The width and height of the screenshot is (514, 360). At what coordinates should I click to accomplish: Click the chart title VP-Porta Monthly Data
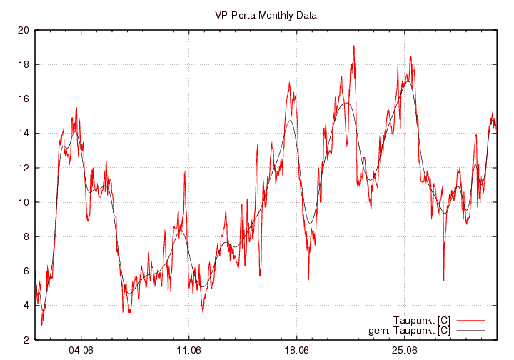(x=266, y=14)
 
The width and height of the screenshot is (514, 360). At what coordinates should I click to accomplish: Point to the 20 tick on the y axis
(x=23, y=30)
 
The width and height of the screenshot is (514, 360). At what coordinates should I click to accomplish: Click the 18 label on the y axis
(x=23, y=64)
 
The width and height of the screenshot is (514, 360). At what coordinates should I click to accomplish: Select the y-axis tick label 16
(x=23, y=99)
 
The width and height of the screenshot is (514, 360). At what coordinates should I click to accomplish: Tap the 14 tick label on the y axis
(x=23, y=133)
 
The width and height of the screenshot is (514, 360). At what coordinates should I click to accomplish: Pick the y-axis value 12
(x=23, y=168)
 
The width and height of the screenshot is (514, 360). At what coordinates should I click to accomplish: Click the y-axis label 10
(x=23, y=202)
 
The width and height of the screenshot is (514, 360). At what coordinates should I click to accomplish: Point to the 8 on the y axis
(x=26, y=236)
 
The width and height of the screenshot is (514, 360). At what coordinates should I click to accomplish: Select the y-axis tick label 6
(x=26, y=271)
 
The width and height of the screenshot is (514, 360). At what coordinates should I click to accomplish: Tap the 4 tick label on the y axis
(x=26, y=305)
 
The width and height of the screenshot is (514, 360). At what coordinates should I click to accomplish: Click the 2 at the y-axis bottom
(x=26, y=339)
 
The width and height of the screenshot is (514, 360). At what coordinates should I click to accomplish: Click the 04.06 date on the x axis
(x=81, y=351)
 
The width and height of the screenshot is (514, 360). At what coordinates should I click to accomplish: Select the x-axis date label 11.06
(x=188, y=351)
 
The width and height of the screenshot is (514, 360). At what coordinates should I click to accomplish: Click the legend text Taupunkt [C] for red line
(x=421, y=319)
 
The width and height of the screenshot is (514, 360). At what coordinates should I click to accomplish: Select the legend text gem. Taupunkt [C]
(x=409, y=330)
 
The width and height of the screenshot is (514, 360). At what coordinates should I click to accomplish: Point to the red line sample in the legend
(x=469, y=319)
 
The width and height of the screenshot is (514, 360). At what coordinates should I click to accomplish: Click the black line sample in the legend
(x=469, y=330)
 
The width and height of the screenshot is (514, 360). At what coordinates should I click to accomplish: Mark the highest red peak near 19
(x=353, y=46)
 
